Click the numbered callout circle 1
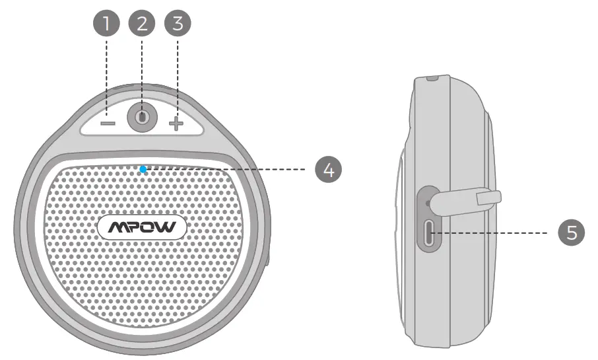[x=107, y=24]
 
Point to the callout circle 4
[x=327, y=169]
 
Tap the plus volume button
[x=175, y=124]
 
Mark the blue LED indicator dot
[x=143, y=169]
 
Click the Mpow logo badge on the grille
[x=142, y=228]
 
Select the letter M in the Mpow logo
[x=116, y=228]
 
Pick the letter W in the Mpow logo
[x=168, y=228]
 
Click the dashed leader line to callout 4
[x=231, y=169]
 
